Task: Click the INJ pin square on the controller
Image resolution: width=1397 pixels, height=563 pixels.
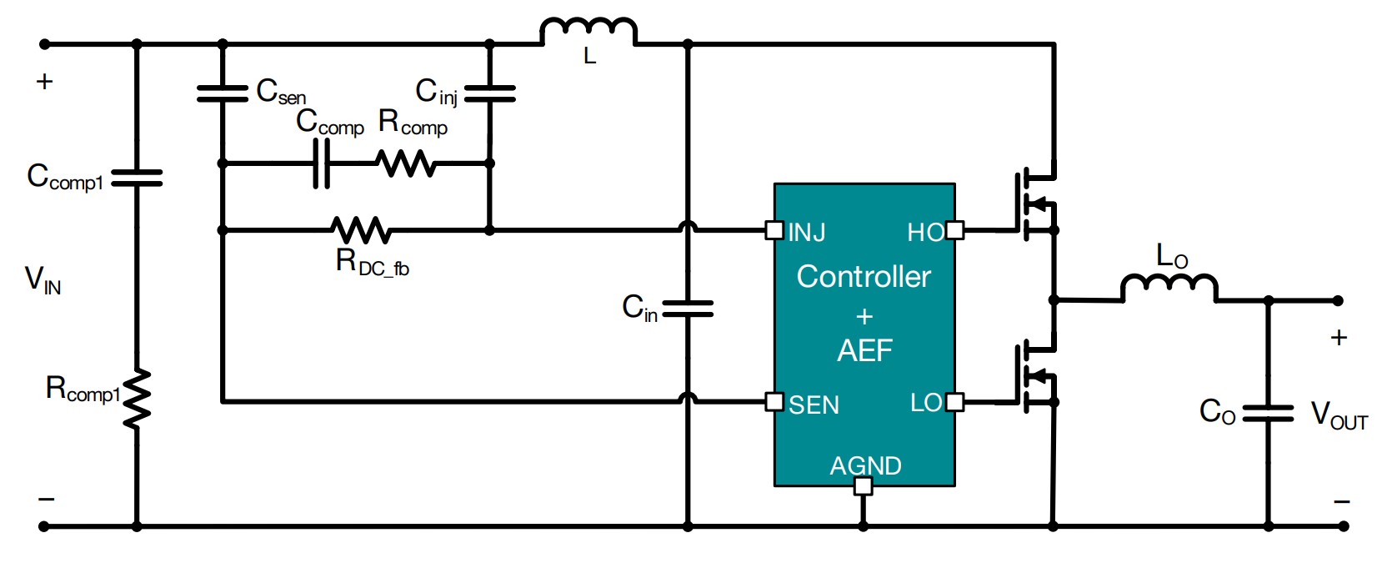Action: click(x=774, y=230)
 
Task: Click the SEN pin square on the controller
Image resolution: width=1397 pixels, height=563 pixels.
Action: click(x=774, y=402)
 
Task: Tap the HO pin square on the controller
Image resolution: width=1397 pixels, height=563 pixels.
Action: click(x=955, y=230)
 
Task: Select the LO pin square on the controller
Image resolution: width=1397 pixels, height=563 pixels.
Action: click(x=955, y=402)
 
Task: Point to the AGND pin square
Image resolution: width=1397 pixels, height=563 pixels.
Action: click(x=864, y=486)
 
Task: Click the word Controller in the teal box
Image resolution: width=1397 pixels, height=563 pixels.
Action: click(x=864, y=277)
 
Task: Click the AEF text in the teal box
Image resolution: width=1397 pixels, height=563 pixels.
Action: click(x=864, y=351)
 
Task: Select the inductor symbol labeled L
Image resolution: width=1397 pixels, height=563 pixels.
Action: click(x=588, y=31)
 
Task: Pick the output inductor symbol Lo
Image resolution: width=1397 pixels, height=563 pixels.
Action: click(x=1169, y=287)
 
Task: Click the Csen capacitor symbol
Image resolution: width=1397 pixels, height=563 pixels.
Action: click(x=223, y=93)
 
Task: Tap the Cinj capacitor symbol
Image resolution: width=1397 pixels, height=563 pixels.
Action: click(x=489, y=93)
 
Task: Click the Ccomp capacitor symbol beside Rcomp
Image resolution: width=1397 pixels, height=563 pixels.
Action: click(x=322, y=163)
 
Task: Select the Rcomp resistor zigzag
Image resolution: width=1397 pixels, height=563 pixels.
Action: click(x=406, y=163)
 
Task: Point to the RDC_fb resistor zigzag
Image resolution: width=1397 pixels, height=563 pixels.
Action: click(x=360, y=230)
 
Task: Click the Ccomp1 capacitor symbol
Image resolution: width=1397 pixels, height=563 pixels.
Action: click(x=137, y=178)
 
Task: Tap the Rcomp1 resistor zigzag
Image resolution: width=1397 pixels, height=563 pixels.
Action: click(x=137, y=399)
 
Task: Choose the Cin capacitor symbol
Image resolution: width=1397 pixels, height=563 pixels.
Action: click(x=688, y=309)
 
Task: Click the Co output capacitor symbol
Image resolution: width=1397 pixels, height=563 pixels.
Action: click(x=1268, y=413)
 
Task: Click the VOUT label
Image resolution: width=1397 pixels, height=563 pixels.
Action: click(x=1339, y=415)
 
